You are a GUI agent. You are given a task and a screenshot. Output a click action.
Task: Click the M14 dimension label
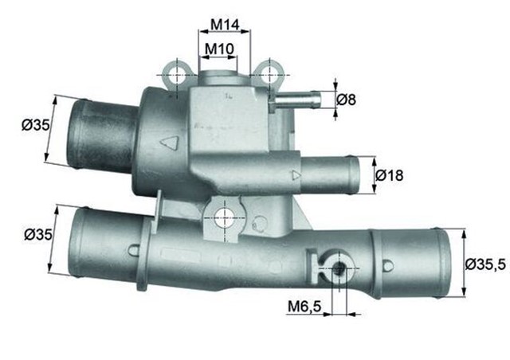click(x=224, y=25)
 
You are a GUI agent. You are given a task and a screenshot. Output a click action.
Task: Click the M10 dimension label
click(x=219, y=49)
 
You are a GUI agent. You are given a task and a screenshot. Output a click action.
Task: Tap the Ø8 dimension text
click(x=347, y=100)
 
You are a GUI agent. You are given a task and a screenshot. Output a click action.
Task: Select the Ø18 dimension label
click(x=390, y=174)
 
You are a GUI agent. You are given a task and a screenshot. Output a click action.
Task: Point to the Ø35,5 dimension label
click(x=484, y=264)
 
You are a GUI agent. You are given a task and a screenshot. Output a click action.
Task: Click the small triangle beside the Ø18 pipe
click(x=296, y=174)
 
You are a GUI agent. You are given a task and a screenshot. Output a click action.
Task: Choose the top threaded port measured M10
click(x=218, y=80)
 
